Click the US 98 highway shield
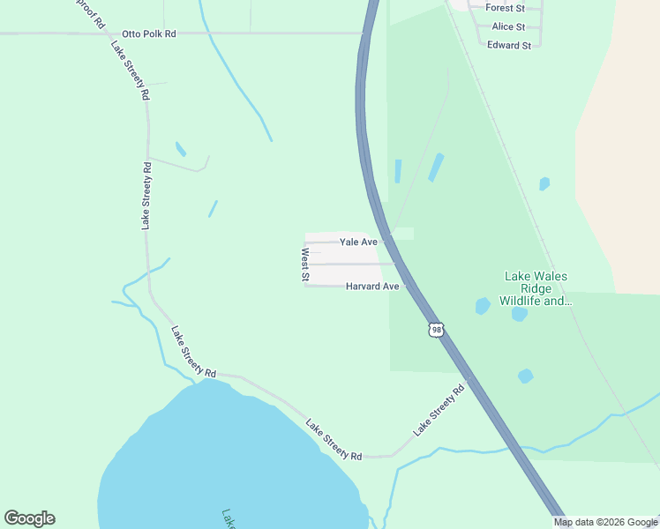pyautogui.click(x=436, y=330)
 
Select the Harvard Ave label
pyautogui.click(x=372, y=287)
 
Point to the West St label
pyautogui.click(x=305, y=264)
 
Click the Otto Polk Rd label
pyautogui.click(x=149, y=34)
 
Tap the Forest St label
pyautogui.click(x=506, y=8)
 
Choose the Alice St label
pyautogui.click(x=508, y=27)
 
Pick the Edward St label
pyautogui.click(x=509, y=45)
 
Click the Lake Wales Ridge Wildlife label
pyautogui.click(x=536, y=288)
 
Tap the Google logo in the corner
pyautogui.click(x=29, y=518)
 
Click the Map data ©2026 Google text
pyautogui.click(x=606, y=522)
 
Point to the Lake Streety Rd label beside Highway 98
pyautogui.click(x=439, y=412)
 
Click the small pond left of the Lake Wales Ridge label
pyautogui.click(x=483, y=306)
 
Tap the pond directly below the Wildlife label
pyautogui.click(x=519, y=313)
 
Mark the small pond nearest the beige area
pyautogui.click(x=544, y=184)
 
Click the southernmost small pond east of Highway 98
pyautogui.click(x=526, y=376)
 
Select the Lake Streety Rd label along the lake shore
pyautogui.click(x=334, y=439)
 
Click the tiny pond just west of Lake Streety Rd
pyautogui.click(x=181, y=149)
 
